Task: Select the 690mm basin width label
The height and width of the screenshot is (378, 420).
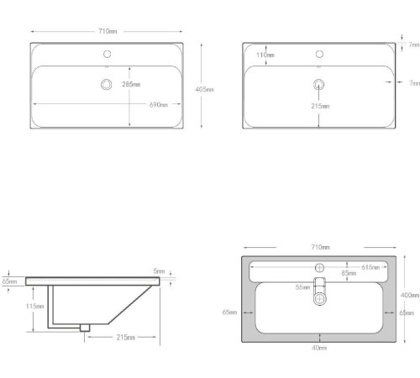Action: pos(159,105)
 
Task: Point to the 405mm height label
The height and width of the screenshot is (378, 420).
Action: pos(205,88)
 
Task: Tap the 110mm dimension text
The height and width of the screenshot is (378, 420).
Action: pos(265,55)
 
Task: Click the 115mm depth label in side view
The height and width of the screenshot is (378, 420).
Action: pos(34,307)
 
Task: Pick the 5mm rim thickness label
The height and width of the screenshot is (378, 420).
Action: pos(158,270)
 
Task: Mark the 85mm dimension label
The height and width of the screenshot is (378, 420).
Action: pos(348,272)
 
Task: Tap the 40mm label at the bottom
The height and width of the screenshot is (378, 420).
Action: pos(320,347)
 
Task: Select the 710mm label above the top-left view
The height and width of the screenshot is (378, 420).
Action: pos(107,30)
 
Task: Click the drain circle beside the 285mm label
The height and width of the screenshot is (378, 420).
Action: pos(107,84)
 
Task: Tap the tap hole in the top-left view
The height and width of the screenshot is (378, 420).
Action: pos(107,55)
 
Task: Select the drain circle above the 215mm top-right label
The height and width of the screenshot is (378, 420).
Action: pos(319,84)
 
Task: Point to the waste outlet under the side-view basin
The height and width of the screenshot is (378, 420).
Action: pos(84,328)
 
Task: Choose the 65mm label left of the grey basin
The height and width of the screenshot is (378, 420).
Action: pos(229,312)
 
